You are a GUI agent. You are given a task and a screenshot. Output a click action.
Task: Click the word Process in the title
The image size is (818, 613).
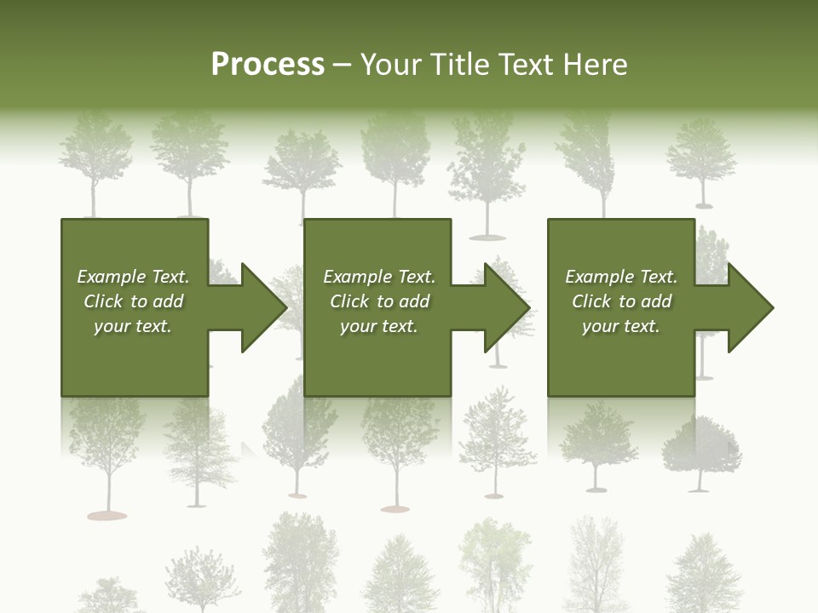pyautogui.click(x=268, y=65)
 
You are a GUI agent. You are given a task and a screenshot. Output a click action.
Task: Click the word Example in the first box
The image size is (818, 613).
pyautogui.click(x=111, y=277)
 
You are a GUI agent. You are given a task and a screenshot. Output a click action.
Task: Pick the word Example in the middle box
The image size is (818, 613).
pyautogui.click(x=357, y=277)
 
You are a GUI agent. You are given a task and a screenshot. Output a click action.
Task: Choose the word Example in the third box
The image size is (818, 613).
pyautogui.click(x=599, y=277)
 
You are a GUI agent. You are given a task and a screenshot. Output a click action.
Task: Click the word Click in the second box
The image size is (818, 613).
pyautogui.click(x=349, y=301)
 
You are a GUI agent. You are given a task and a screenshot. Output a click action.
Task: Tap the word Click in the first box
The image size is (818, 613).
pyautogui.click(x=103, y=301)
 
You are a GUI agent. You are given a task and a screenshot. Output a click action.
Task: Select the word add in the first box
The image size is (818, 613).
pyautogui.click(x=168, y=301)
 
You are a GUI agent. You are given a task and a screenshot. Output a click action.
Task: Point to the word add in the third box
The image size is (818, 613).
pyautogui.click(x=656, y=301)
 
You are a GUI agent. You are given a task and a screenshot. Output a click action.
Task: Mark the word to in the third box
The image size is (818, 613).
pyautogui.click(x=628, y=301)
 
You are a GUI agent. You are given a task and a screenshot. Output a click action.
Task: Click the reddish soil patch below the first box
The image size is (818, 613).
pyautogui.click(x=107, y=515)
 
